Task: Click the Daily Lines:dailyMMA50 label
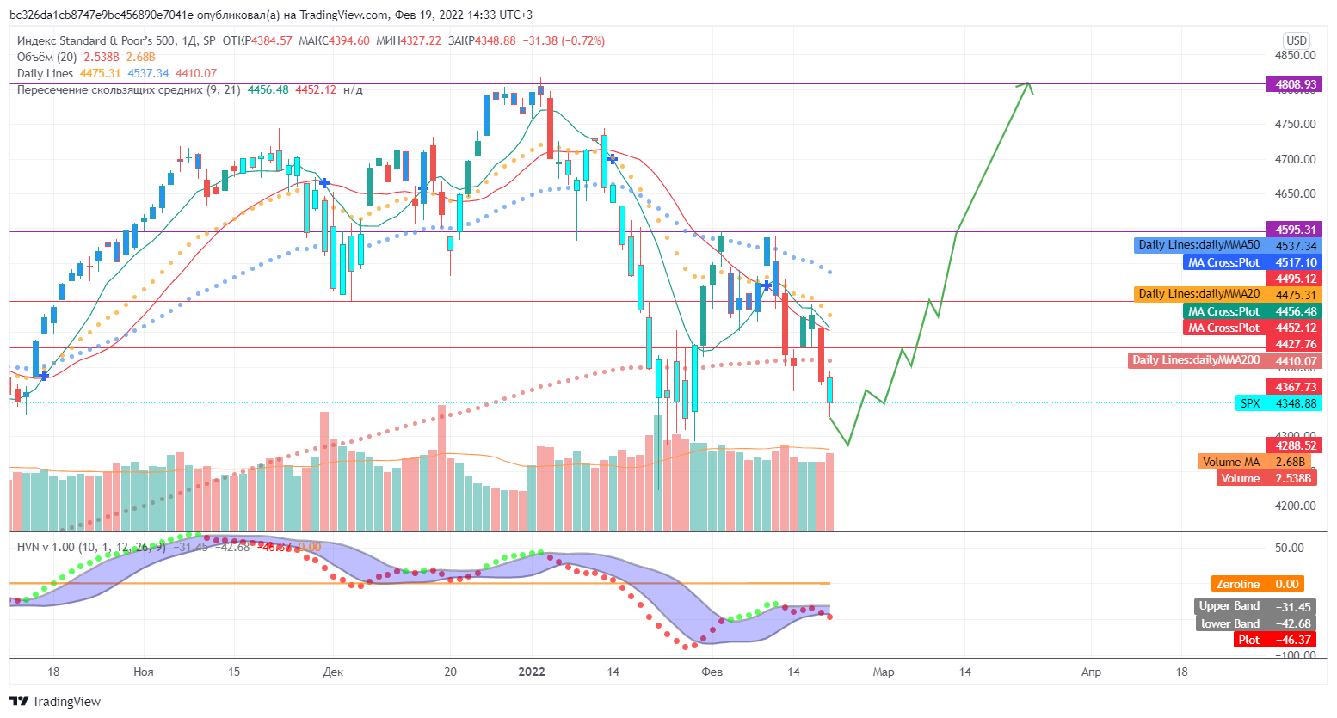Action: tap(1198, 245)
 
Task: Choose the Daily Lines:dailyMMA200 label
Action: tap(1195, 360)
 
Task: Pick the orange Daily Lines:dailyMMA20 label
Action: tap(1198, 294)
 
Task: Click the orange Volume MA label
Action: tap(1230, 462)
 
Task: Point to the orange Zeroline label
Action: tap(1237, 584)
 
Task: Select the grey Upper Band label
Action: tap(1229, 606)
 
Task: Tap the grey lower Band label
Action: tap(1229, 623)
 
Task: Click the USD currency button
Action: tap(1296, 40)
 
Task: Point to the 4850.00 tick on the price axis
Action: tap(1295, 55)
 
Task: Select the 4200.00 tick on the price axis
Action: tap(1295, 506)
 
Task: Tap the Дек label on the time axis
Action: tap(333, 672)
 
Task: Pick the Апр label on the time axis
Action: tap(1091, 672)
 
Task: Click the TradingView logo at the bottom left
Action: tap(55, 702)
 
